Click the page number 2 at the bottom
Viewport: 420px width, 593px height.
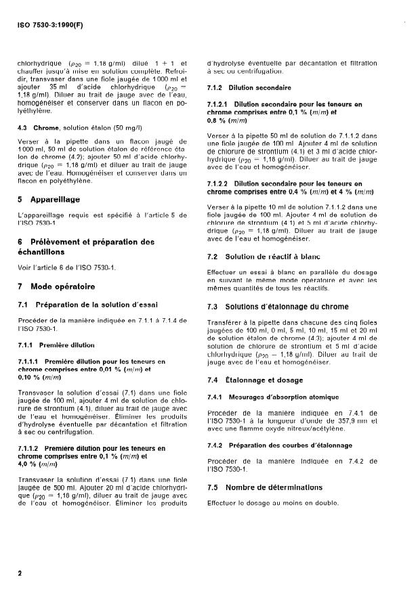20,573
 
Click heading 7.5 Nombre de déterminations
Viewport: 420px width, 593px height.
264,487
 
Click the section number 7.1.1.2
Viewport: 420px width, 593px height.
33,448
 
